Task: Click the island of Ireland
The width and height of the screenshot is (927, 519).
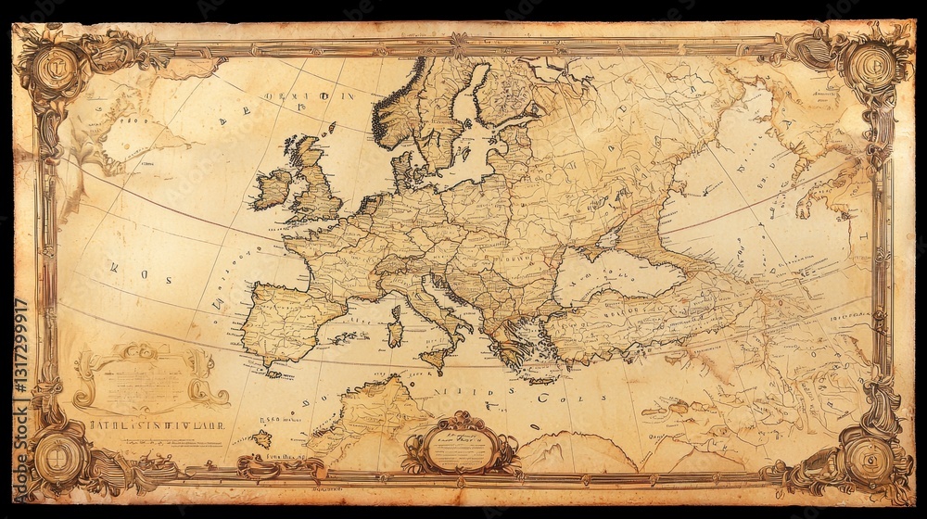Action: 274,188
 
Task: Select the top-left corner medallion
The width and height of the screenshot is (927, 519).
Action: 58,66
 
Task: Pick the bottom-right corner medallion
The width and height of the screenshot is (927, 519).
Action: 869,456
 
